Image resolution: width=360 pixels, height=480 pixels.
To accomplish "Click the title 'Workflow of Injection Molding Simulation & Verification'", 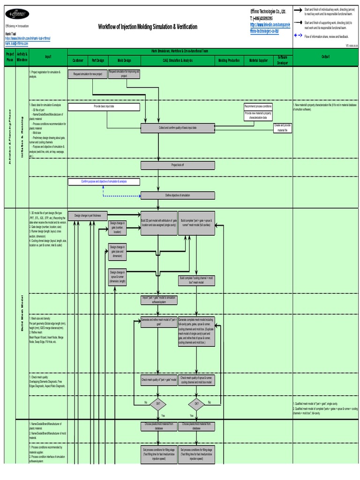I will tap(148, 27).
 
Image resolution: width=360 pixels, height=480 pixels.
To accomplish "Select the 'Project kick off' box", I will tap(178, 165).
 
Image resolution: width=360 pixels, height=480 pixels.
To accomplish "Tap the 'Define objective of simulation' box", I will tap(178, 195).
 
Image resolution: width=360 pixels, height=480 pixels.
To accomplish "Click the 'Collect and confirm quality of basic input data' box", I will tap(178, 127).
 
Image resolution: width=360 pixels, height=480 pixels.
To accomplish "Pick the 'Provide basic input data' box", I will tap(104, 107).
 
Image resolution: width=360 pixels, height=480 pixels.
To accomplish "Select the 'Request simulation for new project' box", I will tap(87, 74).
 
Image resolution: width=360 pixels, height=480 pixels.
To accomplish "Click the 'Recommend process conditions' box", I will tap(258, 106).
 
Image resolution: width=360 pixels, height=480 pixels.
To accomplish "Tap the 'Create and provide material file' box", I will tap(283, 127).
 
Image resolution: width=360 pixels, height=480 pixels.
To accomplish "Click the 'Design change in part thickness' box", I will tap(87, 216).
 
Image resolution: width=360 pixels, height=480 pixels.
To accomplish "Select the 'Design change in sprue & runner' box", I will tap(117, 277).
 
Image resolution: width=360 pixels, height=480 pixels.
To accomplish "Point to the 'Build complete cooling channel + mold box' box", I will tap(196, 281).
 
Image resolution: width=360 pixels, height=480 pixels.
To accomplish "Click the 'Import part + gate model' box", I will tap(158, 300).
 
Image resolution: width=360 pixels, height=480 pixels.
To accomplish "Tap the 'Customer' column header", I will tap(78, 60).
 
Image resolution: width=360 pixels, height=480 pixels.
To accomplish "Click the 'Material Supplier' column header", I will tap(259, 60).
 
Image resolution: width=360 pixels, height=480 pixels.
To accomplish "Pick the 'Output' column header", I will tap(325, 57).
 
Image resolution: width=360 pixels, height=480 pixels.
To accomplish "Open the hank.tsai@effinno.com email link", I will tap(17, 43).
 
